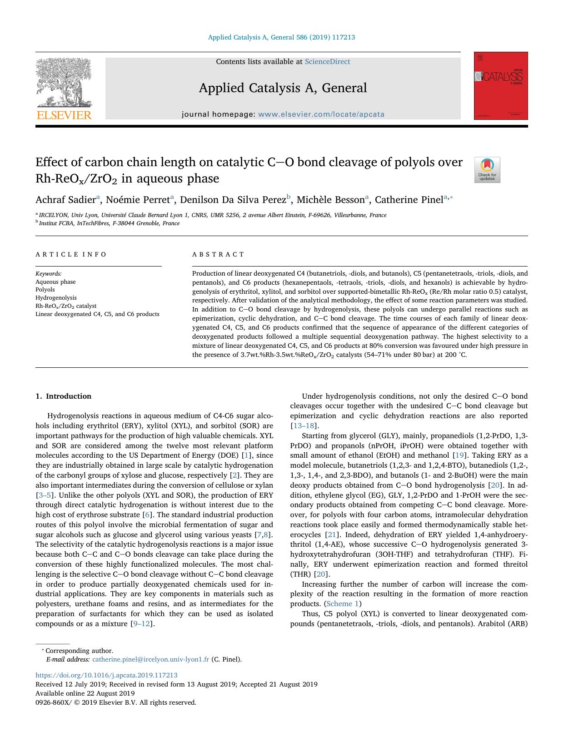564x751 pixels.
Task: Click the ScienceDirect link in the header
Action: click(327, 62)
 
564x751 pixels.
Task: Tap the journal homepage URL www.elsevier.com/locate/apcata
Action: click(321, 114)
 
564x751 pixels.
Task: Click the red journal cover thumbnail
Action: click(500, 86)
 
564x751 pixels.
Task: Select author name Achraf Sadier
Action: click(65, 200)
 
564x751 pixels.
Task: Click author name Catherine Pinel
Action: click(409, 200)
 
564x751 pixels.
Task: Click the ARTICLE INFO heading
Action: click(71, 255)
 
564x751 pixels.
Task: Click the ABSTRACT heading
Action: click(218, 255)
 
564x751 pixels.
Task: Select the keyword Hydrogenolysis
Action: click(56, 298)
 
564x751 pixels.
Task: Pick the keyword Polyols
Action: click(45, 290)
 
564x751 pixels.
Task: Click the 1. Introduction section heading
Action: click(63, 396)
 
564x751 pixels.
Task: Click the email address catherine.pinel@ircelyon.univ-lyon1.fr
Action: click(150, 660)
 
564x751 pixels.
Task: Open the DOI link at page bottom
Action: click(106, 675)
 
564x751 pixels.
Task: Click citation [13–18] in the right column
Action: click(304, 426)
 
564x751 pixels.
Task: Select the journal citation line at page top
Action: click(281, 37)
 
